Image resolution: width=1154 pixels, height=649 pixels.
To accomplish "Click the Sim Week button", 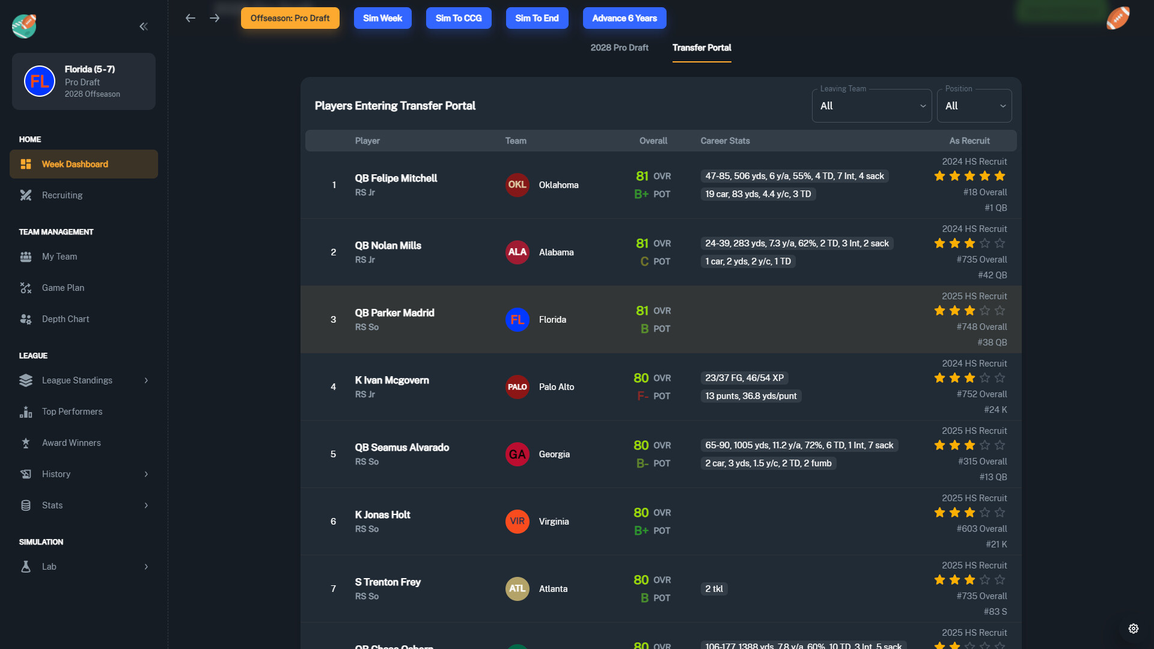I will (x=382, y=18).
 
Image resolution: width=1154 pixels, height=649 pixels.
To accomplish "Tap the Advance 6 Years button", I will (x=624, y=18).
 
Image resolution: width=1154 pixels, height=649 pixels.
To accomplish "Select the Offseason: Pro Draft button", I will (x=290, y=18).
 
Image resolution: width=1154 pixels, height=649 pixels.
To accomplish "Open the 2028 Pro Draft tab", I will (x=619, y=47).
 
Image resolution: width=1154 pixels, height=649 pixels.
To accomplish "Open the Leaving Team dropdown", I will (x=872, y=106).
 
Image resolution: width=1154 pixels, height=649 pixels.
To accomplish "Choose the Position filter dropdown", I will (x=974, y=106).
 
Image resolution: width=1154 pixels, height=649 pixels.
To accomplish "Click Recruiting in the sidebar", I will (x=62, y=195).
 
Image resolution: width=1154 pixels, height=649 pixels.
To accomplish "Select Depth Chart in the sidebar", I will (x=65, y=319).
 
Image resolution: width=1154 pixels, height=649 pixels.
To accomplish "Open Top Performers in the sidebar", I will (x=72, y=412).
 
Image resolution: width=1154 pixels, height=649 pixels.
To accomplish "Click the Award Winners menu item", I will (x=71, y=443).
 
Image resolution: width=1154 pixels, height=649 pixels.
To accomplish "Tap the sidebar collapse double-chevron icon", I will (x=144, y=26).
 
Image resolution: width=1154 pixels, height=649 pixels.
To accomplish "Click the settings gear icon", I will (x=1133, y=629).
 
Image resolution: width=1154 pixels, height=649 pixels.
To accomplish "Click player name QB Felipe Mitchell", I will (x=395, y=178).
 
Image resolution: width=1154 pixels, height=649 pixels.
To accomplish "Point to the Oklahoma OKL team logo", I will (x=517, y=185).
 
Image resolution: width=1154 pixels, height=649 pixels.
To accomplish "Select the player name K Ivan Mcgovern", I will (x=392, y=380).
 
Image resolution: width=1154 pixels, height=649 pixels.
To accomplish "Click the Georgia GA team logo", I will (x=517, y=454).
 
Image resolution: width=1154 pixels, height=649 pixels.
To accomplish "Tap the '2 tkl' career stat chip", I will (x=714, y=589).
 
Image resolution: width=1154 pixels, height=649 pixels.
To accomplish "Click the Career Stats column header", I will (x=725, y=141).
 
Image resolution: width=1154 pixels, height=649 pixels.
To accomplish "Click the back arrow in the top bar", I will (x=191, y=18).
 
